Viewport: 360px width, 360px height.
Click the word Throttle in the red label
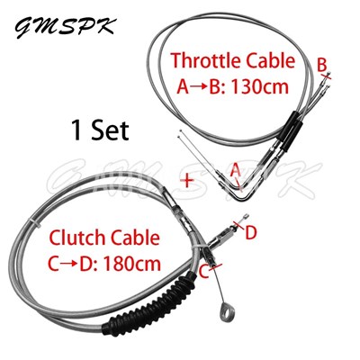205,61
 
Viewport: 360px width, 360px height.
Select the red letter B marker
321,65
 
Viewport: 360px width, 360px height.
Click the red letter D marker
251,233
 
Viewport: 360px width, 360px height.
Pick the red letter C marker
204,273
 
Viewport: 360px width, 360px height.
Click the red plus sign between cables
187,181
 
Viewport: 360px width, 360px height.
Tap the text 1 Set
101,130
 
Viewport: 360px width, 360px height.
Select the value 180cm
132,264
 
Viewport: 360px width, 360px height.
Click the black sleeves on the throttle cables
290,127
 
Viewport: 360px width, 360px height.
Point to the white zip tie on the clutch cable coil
34,223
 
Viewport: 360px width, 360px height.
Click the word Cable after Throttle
271,61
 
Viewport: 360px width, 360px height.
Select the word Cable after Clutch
135,238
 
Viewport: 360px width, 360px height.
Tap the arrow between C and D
70,265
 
